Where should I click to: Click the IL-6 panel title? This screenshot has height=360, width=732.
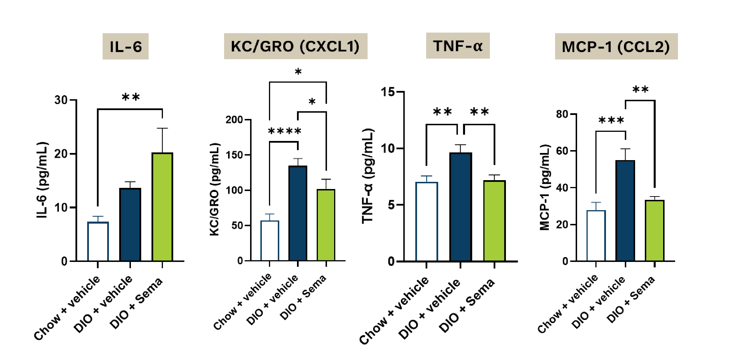point(125,46)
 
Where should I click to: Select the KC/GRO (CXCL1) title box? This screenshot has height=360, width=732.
point(295,46)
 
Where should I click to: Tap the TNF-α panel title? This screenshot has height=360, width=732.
point(458,46)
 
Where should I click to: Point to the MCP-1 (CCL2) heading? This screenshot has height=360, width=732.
point(616,47)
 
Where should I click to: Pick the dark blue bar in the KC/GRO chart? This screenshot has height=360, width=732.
point(298,213)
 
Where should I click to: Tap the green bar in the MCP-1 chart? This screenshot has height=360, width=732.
point(654,230)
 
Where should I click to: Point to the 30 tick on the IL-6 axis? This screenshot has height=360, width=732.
point(61,100)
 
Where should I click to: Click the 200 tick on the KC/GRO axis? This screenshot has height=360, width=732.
point(234,120)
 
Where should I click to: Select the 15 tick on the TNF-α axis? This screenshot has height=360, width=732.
point(388,92)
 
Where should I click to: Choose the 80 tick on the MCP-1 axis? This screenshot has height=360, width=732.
point(562,114)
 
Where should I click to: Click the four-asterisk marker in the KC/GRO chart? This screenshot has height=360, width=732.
point(284,131)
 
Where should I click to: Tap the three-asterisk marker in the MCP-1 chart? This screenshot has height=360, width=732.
point(611,120)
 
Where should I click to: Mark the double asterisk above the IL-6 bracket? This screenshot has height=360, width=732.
point(131,97)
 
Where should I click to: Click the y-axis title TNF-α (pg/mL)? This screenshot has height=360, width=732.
point(368,176)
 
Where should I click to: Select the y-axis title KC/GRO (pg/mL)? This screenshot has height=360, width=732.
point(214,189)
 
